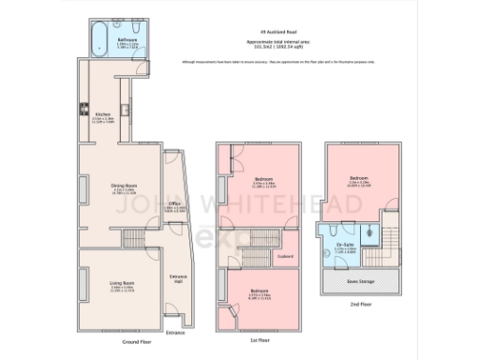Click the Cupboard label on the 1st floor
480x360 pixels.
(286, 255)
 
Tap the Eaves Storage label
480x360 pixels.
(359, 279)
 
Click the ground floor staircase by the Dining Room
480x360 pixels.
(137, 239)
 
